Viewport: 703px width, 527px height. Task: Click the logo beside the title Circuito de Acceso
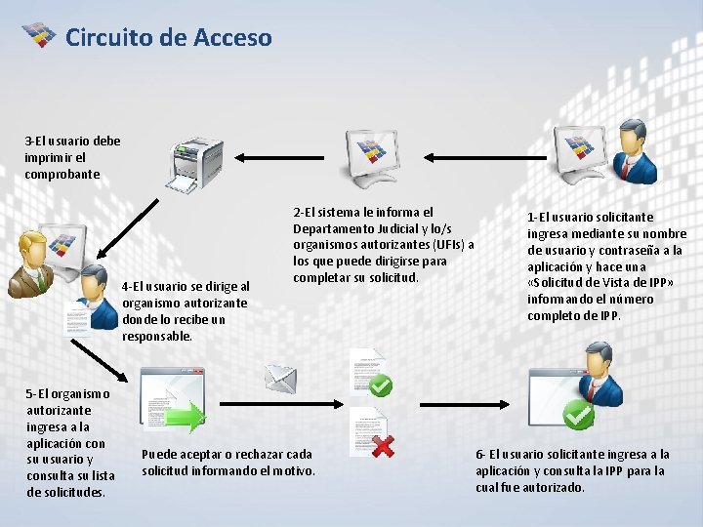(39, 36)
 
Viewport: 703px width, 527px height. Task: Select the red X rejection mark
(383, 445)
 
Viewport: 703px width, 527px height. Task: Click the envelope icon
(280, 376)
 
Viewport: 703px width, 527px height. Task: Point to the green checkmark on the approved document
(381, 385)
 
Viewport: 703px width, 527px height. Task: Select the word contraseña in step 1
(632, 251)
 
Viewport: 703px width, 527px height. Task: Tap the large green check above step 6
(578, 415)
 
